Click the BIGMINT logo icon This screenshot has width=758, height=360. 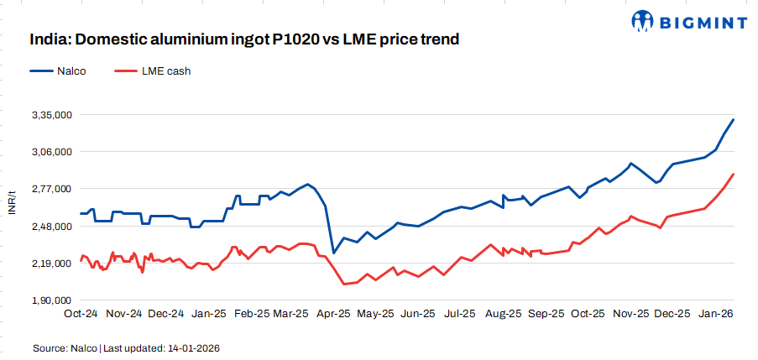[643, 21]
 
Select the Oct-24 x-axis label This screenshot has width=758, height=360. [81, 313]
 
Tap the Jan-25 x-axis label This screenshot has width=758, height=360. [208, 313]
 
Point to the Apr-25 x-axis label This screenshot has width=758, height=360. [334, 313]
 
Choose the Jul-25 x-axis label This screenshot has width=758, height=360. [461, 313]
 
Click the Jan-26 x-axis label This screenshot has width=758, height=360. [714, 313]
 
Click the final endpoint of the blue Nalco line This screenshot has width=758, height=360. [734, 119]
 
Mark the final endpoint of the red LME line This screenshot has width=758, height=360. [734, 174]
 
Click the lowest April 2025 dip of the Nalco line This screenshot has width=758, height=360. [333, 253]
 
